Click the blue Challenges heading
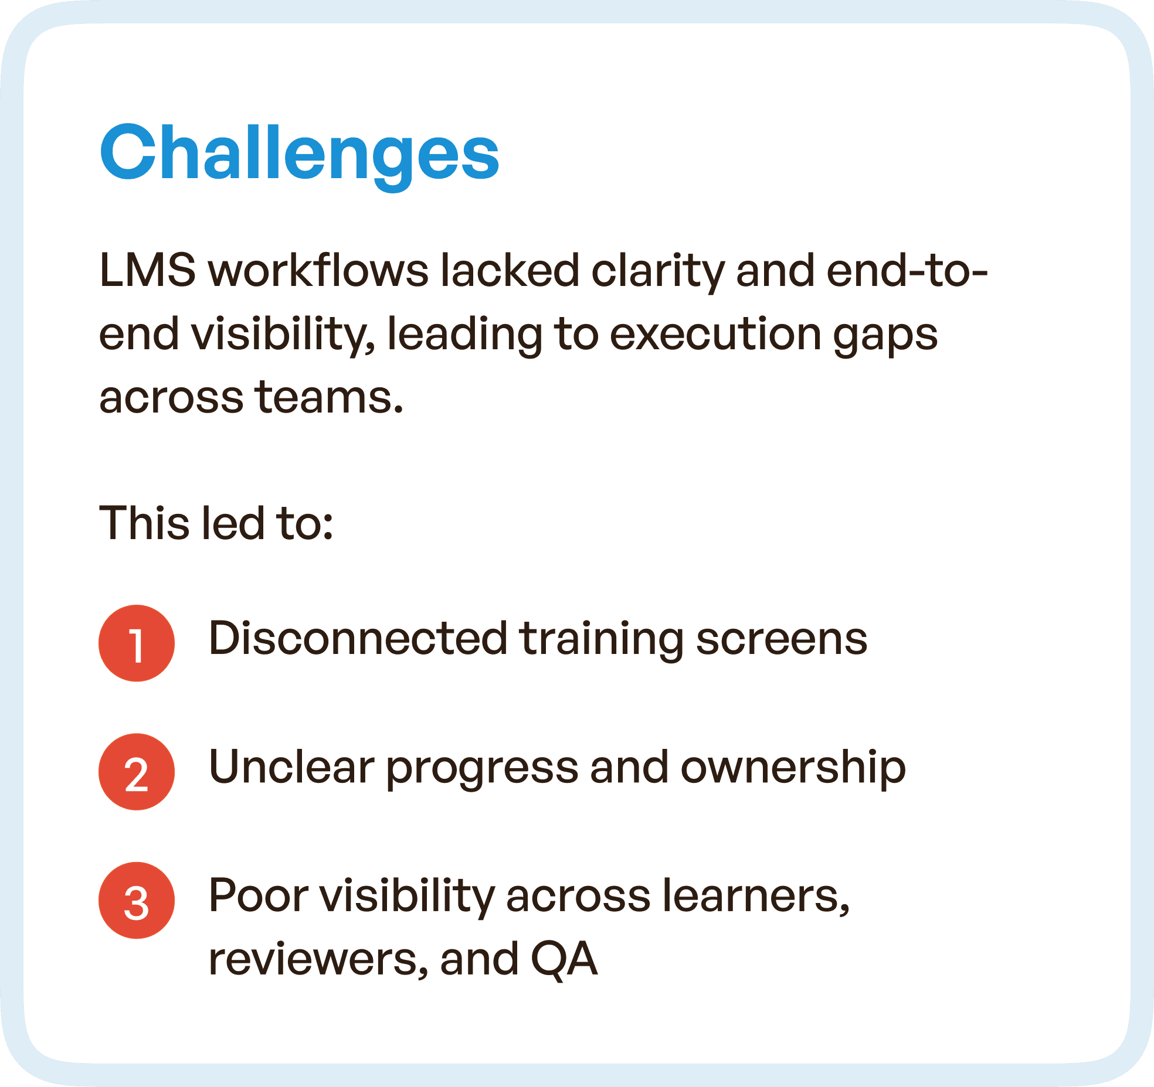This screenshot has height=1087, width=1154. [299, 154]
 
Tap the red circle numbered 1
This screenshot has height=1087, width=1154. [137, 643]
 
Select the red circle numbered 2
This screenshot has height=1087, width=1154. [137, 772]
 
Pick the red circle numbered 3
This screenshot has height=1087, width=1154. [137, 900]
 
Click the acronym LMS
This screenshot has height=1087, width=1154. [147, 271]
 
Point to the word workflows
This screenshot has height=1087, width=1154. [318, 271]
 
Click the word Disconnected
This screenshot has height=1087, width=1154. [358, 638]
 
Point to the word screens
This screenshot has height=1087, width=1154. [781, 639]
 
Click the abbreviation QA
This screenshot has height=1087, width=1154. [564, 960]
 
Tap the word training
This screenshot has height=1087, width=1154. [601, 639]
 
